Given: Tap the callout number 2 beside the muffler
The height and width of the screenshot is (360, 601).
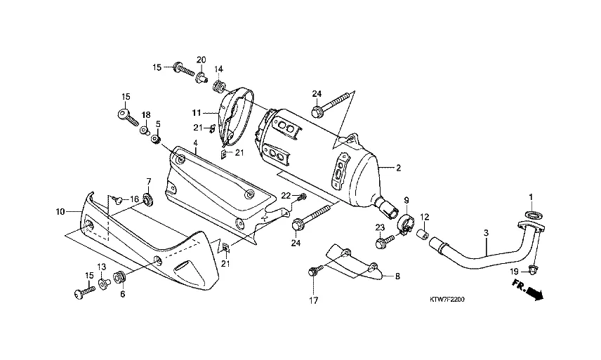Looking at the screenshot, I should click(x=398, y=168).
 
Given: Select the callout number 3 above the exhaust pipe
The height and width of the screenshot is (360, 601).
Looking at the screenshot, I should click(x=485, y=232).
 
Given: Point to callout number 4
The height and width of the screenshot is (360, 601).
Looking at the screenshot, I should click(x=196, y=142).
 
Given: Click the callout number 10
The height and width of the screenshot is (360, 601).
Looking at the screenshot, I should click(x=60, y=211).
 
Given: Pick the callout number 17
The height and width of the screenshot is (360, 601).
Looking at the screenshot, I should click(x=314, y=301).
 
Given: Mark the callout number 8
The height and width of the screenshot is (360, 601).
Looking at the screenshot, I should click(x=397, y=277).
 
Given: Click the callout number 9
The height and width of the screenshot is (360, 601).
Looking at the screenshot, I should click(x=405, y=201).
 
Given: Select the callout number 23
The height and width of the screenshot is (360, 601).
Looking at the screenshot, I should click(x=379, y=227).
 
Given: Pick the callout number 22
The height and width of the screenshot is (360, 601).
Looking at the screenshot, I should click(x=286, y=195).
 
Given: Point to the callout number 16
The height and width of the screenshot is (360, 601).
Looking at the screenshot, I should click(x=133, y=200).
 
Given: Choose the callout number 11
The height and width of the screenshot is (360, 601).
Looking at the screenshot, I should click(x=197, y=112).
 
